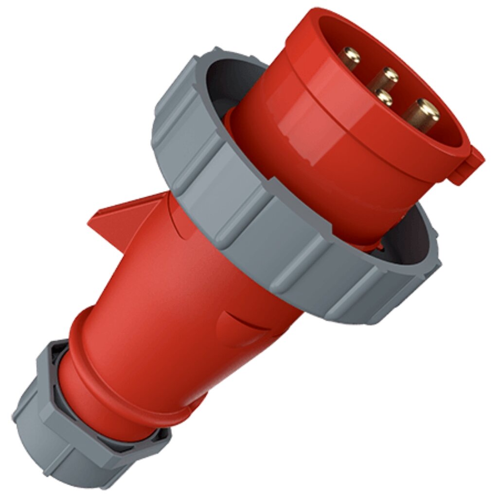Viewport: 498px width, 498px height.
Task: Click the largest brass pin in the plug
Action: (x=421, y=115)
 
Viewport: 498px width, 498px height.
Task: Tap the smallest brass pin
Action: (x=384, y=98)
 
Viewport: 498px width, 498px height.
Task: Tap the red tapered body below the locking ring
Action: (x=195, y=302)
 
